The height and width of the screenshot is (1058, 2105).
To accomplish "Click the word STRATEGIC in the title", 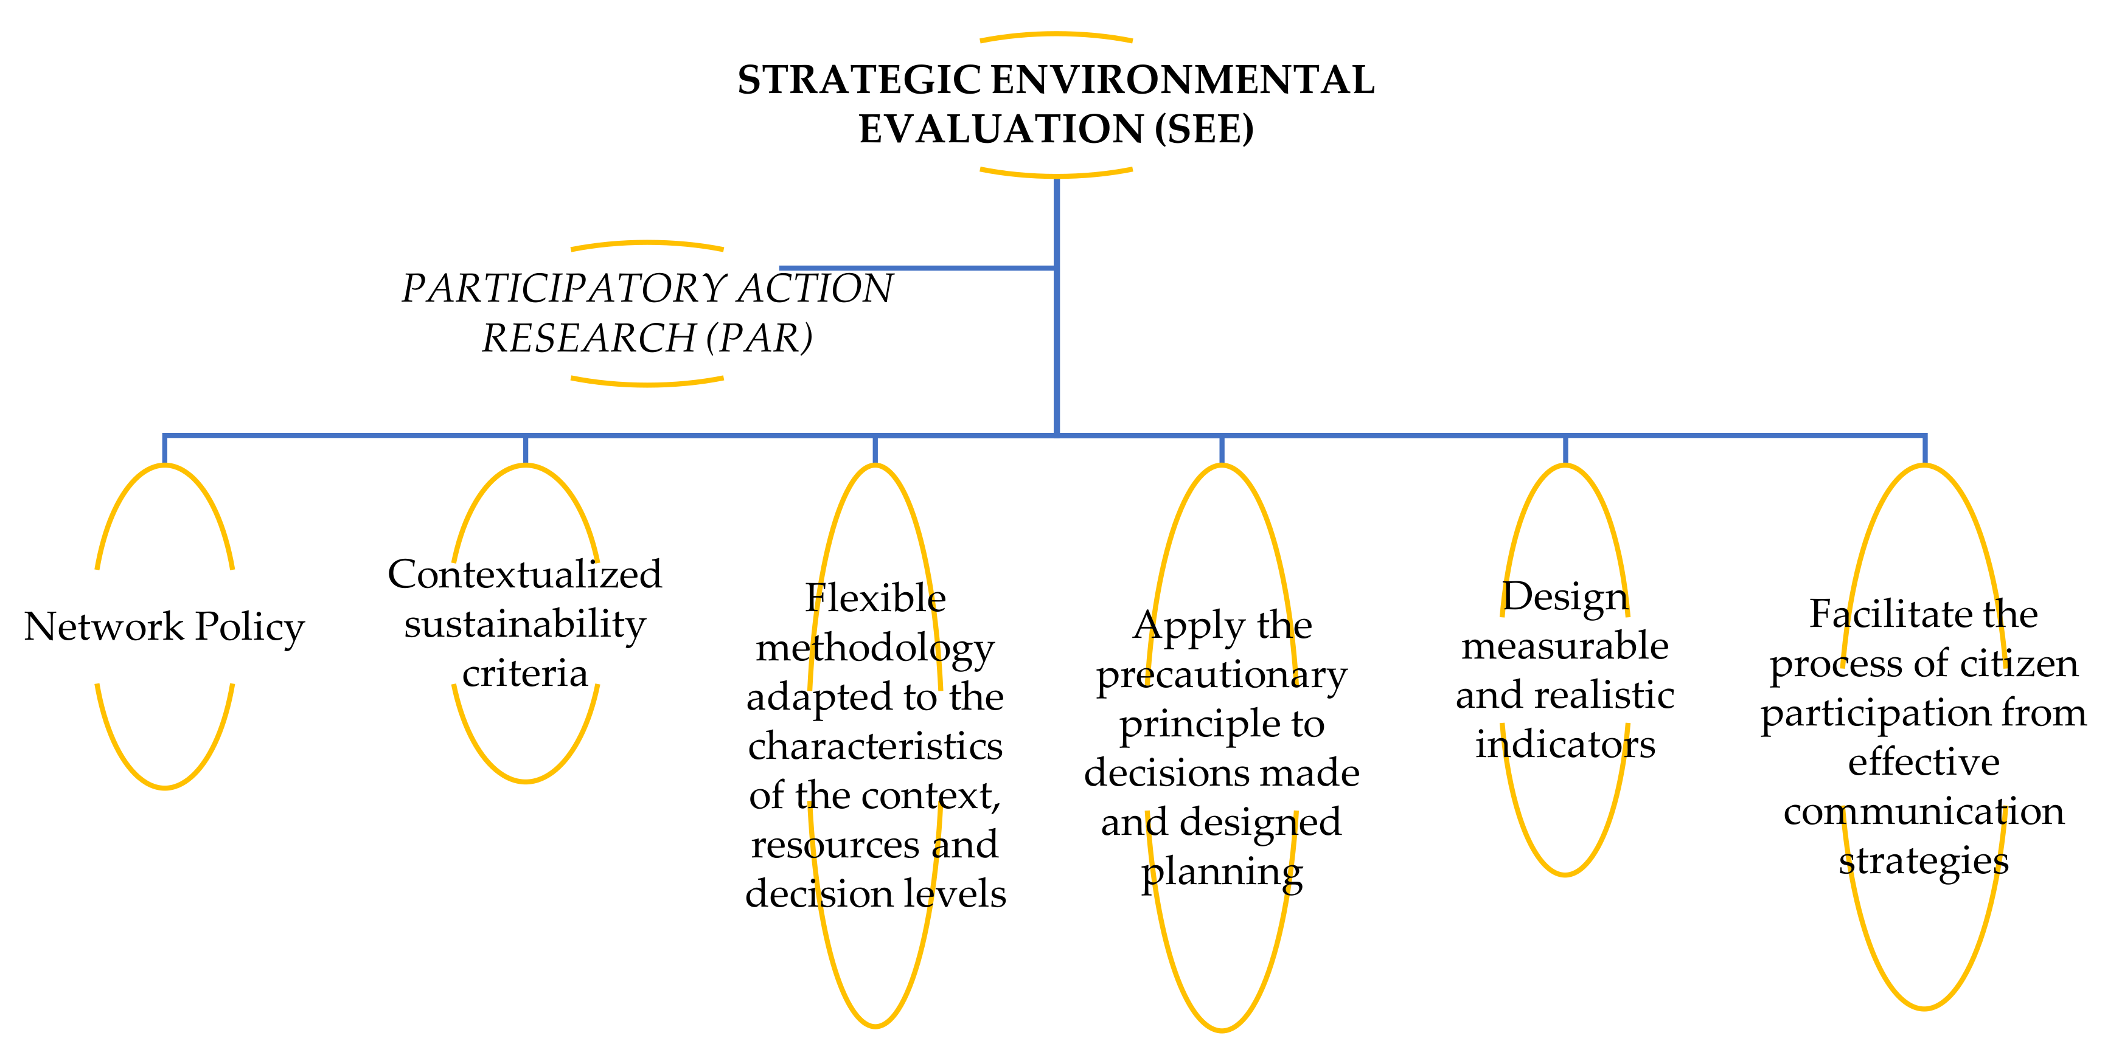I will (859, 80).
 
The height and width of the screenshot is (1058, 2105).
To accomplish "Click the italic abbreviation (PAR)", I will (760, 338).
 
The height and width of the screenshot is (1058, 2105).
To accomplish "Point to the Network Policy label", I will (164, 627).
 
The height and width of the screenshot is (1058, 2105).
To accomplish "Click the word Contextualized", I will (524, 575).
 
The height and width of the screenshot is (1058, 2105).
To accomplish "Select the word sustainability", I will (524, 624).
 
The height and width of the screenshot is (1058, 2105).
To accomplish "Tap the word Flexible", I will (875, 598).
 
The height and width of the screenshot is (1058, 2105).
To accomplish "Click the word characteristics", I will (875, 746).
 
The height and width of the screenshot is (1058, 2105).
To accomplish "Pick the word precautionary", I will (1222, 675).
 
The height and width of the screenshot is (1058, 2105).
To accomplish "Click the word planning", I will (1222, 872).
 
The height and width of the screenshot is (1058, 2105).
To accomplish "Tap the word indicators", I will (1565, 744).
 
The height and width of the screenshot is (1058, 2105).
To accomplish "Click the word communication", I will (1924, 811).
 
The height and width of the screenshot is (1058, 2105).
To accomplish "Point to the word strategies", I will (1924, 861).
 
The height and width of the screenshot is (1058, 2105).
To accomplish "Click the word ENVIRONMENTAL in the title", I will (1183, 80).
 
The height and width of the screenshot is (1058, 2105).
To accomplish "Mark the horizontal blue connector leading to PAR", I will (915, 267).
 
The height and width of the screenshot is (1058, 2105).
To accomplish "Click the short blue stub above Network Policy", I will (165, 449).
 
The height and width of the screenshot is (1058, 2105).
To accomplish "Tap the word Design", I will (1565, 596).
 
